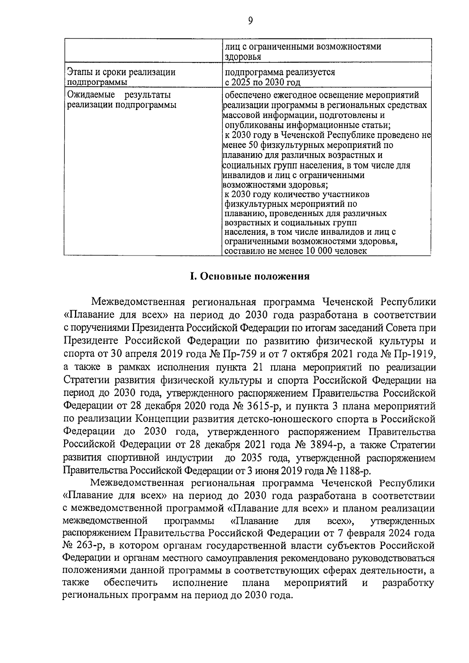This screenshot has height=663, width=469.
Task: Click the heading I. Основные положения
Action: [250, 277]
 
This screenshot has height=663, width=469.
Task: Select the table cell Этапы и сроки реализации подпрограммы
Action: [121, 77]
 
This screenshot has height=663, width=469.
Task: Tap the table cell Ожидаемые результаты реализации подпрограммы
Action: [121, 100]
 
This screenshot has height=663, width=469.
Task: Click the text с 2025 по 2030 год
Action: [263, 82]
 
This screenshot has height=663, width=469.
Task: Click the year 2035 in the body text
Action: [252, 457]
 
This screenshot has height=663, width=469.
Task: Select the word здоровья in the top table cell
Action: [242, 57]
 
